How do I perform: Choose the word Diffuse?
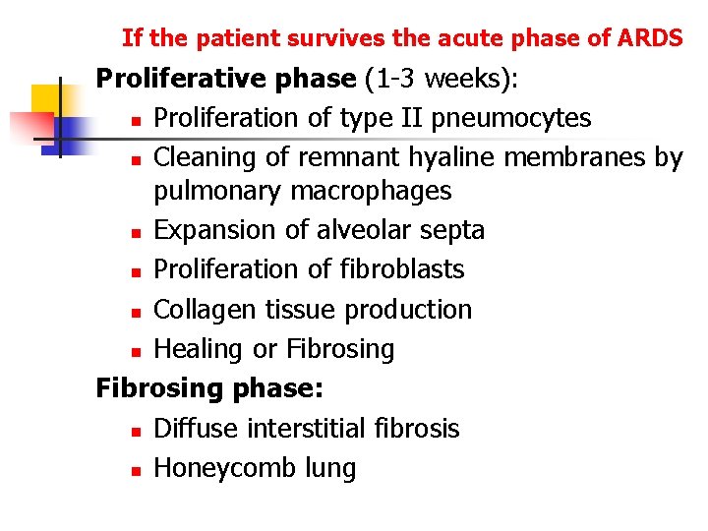tap(198, 429)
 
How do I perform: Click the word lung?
tap(328, 469)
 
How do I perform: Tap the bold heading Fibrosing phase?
tap(208, 388)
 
